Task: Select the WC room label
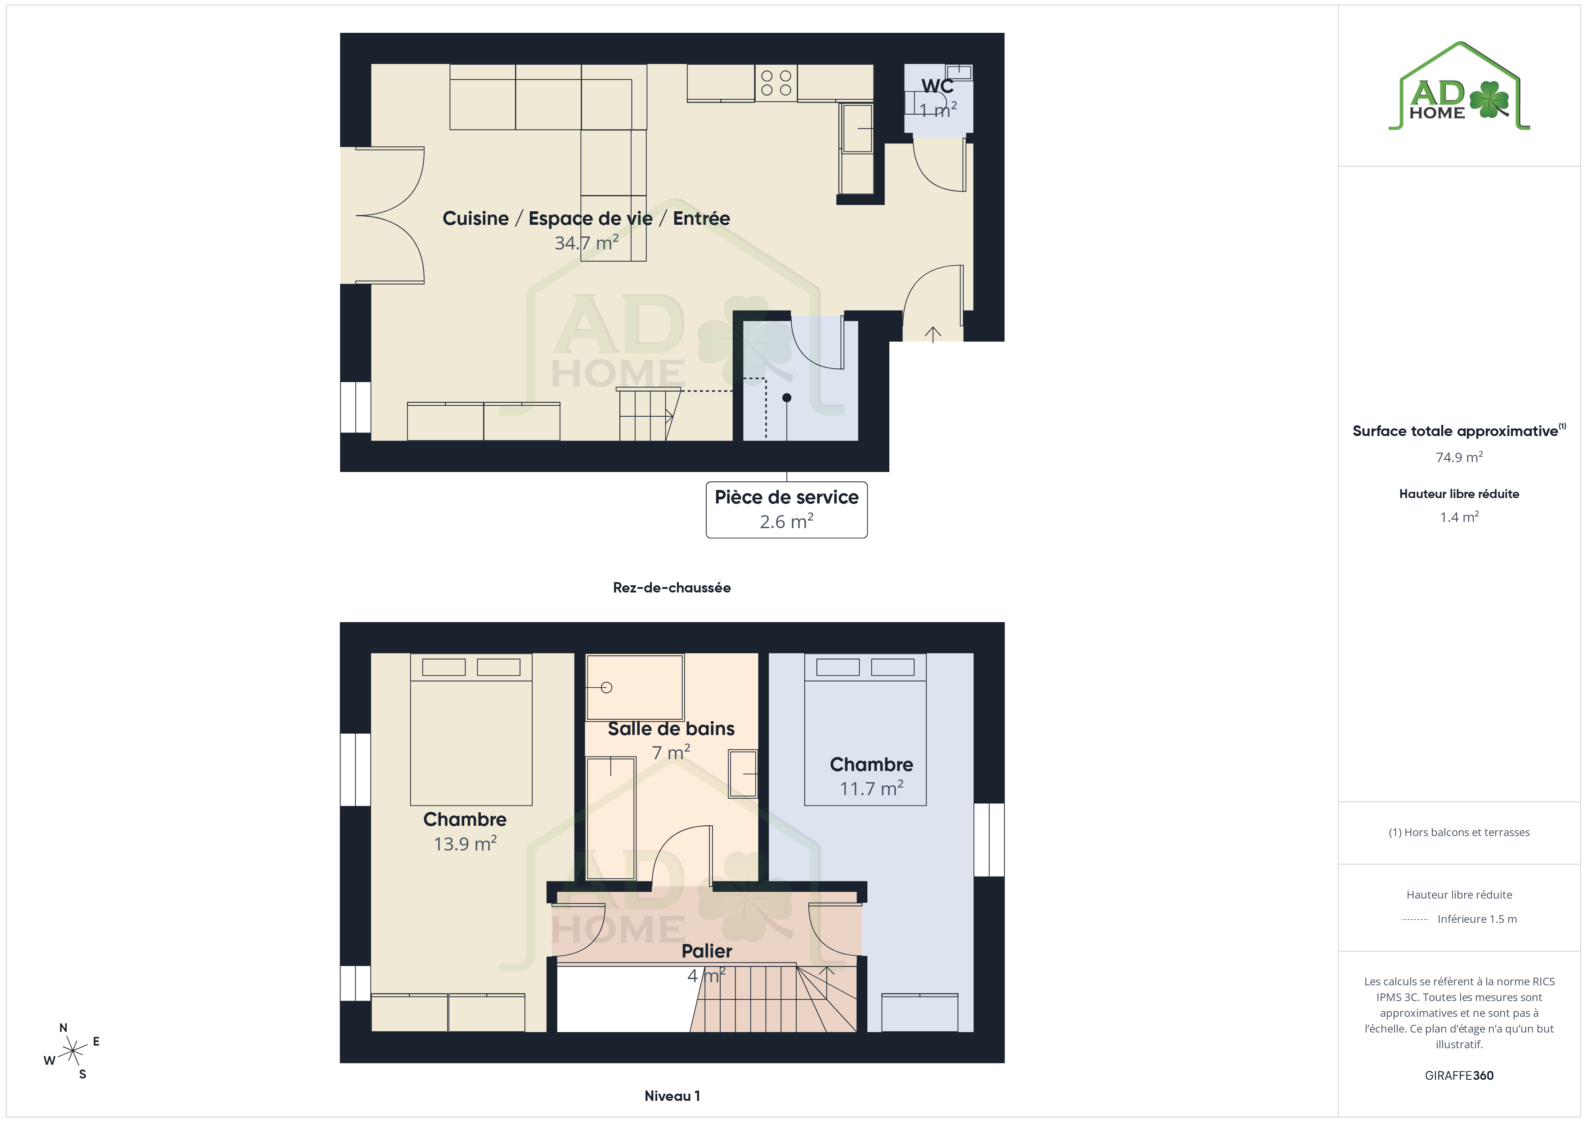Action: click(937, 86)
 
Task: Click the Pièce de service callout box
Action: click(787, 510)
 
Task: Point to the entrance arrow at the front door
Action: click(933, 334)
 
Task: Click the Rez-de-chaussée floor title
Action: click(672, 588)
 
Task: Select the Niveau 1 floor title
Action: click(672, 1096)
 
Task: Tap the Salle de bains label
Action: click(671, 729)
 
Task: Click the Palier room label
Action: click(706, 951)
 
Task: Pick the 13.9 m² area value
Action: click(465, 844)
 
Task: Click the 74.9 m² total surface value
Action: click(1459, 457)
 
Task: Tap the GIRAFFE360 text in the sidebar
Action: click(1459, 1076)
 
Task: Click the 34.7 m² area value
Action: click(586, 242)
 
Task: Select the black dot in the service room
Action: click(787, 398)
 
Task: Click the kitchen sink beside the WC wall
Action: click(857, 128)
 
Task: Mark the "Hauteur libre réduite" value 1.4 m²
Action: click(1459, 517)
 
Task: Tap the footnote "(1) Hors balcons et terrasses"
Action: click(1459, 833)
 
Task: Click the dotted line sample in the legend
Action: click(1415, 920)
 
